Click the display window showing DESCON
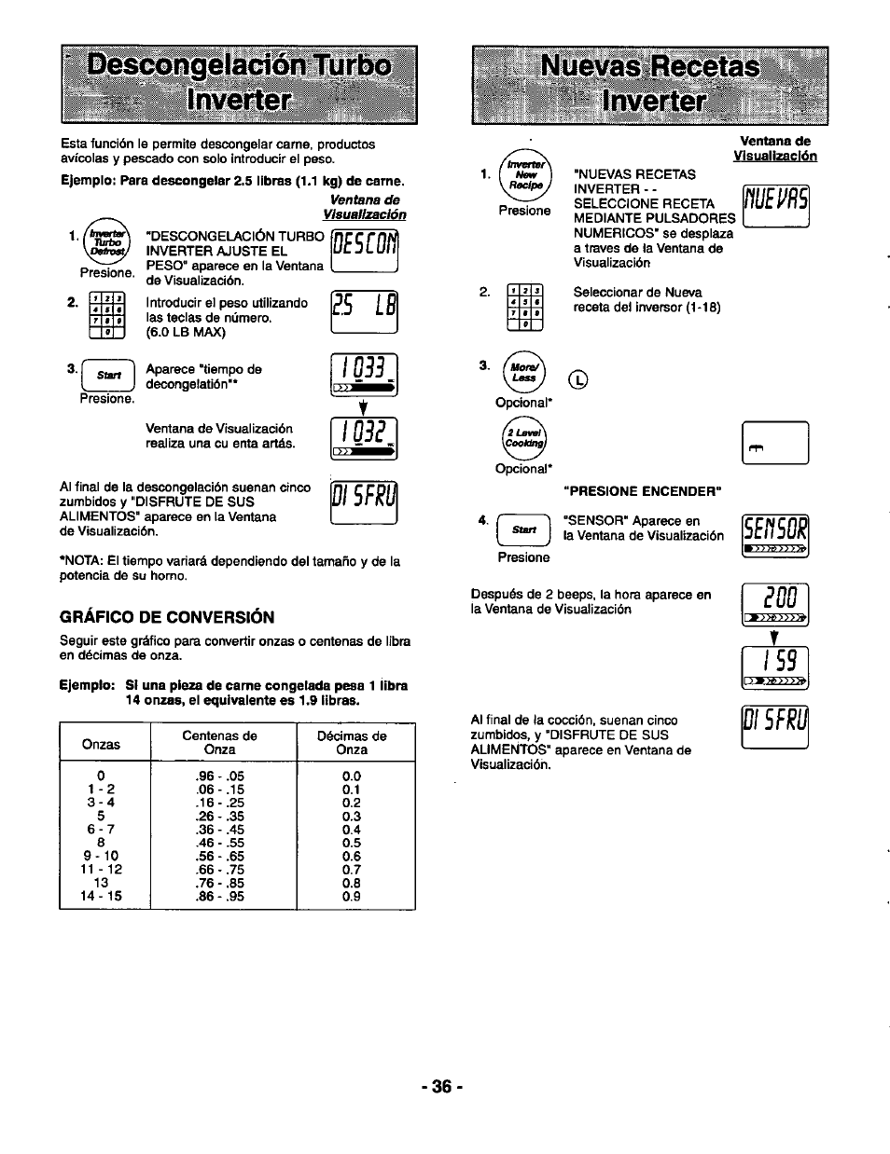click(x=365, y=251)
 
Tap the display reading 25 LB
click(x=365, y=312)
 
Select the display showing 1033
click(x=365, y=375)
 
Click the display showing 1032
click(x=365, y=438)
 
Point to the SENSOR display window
click(x=775, y=535)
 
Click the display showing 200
click(x=775, y=603)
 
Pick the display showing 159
click(x=775, y=666)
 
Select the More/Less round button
click(x=523, y=373)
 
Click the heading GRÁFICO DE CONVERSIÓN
click(x=167, y=617)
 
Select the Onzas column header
click(x=101, y=744)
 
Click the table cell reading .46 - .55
click(x=220, y=843)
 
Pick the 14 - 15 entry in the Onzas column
click(x=101, y=897)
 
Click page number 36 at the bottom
click(x=442, y=1087)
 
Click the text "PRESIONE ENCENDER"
click(x=642, y=491)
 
